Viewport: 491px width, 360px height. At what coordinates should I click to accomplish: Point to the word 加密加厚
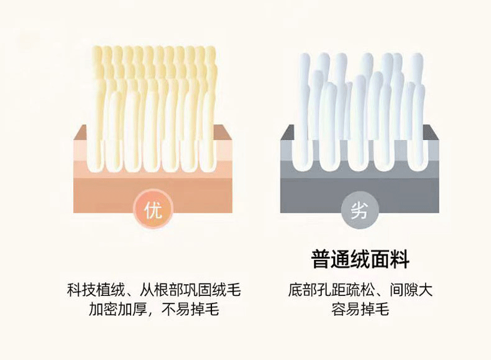(113, 309)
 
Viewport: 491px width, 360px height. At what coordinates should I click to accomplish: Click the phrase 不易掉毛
(195, 309)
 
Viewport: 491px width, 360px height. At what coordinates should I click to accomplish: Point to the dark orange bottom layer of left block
(99, 196)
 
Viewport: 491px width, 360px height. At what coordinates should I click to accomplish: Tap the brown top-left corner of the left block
(79, 131)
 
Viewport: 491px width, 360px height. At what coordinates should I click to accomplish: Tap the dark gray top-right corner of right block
(434, 131)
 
